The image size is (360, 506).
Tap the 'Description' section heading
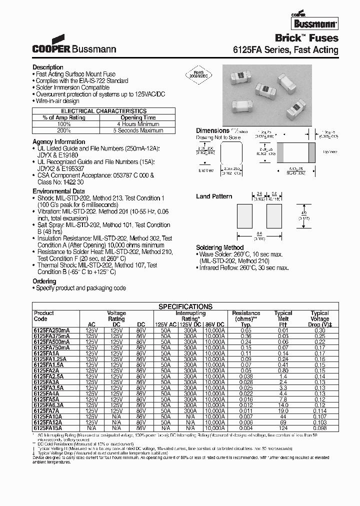coord(48,67)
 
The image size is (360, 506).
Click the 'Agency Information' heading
coord(59,142)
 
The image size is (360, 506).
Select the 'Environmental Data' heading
coord(58,191)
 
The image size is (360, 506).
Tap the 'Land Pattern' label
coord(214,196)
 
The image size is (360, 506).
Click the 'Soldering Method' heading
coord(219,247)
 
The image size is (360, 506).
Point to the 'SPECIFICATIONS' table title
coord(185,306)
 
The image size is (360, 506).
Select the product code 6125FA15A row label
coord(48,428)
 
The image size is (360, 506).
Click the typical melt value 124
coord(283,428)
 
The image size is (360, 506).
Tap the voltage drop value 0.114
coord(319,410)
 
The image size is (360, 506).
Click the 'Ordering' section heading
coord(44,281)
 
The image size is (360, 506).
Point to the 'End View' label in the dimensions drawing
coord(206,170)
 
